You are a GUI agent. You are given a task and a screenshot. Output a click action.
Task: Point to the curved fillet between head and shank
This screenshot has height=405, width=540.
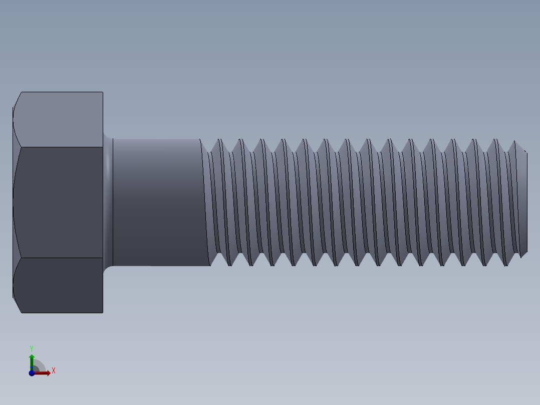[108, 202]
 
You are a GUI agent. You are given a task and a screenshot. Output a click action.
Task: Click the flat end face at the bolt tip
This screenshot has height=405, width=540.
[524, 202]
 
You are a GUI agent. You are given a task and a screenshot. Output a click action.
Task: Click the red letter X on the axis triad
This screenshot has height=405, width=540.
[53, 371]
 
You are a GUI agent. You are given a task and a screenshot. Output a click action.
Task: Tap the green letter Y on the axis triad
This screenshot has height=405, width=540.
[32, 348]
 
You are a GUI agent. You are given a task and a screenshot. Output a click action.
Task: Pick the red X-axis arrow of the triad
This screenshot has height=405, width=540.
[43, 372]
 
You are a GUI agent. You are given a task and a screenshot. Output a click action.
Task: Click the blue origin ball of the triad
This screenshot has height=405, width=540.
[32, 372]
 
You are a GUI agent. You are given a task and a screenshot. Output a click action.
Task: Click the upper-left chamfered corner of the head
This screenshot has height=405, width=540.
[17, 100]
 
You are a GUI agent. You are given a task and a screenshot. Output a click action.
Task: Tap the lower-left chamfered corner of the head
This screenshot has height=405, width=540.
[17, 305]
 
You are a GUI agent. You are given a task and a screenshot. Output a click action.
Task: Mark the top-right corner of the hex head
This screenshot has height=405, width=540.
[103, 92]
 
